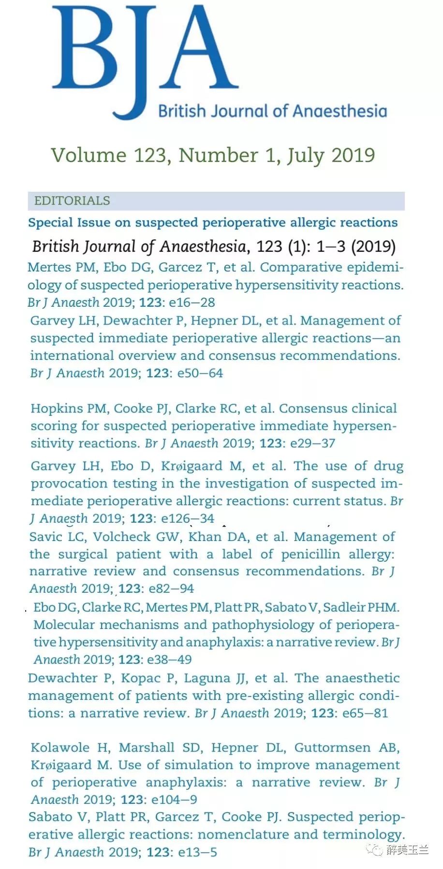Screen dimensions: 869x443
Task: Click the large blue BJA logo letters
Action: [145, 53]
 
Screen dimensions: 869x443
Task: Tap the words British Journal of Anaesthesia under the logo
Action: [272, 111]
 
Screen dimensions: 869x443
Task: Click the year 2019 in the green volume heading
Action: [353, 156]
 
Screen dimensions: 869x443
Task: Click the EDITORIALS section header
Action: [72, 200]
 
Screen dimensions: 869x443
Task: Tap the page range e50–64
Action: [200, 373]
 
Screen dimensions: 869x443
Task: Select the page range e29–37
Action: [312, 443]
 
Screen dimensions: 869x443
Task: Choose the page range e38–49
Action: [169, 659]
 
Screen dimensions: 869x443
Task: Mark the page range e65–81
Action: [365, 713]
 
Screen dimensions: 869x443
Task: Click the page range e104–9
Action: [174, 799]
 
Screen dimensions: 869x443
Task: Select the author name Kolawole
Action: [60, 747]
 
